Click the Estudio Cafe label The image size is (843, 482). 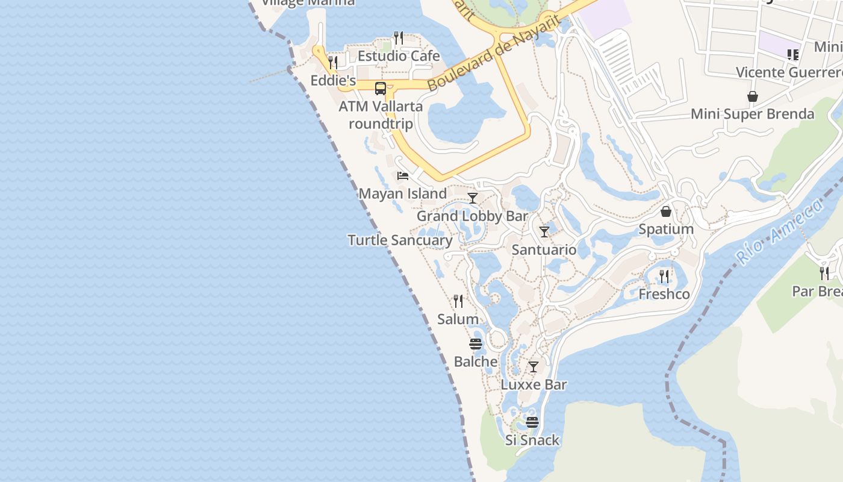pyautogui.click(x=399, y=56)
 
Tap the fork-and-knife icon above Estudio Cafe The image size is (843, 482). pyautogui.click(x=398, y=38)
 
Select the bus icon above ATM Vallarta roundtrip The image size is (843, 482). pyautogui.click(x=381, y=89)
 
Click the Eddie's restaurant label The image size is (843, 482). pyautogui.click(x=333, y=80)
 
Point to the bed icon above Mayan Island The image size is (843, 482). pyautogui.click(x=403, y=176)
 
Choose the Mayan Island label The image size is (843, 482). pyautogui.click(x=403, y=193)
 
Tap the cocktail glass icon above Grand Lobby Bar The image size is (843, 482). pyautogui.click(x=473, y=198)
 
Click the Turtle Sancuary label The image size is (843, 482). pyautogui.click(x=400, y=240)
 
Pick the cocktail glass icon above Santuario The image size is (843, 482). pyautogui.click(x=544, y=232)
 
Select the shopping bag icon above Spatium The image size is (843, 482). pyautogui.click(x=666, y=211)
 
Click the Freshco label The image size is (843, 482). pyautogui.click(x=664, y=294)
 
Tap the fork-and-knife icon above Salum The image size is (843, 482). pyautogui.click(x=458, y=301)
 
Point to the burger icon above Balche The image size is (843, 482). pyautogui.click(x=476, y=344)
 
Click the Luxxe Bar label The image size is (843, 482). pyautogui.click(x=534, y=384)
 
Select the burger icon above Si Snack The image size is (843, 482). pyautogui.click(x=532, y=422)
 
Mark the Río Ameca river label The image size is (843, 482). pyautogui.click(x=780, y=231)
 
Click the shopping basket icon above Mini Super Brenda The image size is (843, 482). pyautogui.click(x=752, y=96)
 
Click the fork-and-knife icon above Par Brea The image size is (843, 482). pyautogui.click(x=824, y=274)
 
